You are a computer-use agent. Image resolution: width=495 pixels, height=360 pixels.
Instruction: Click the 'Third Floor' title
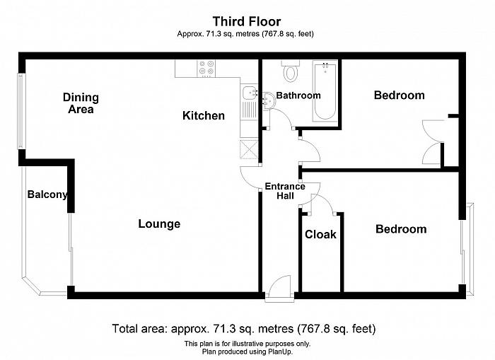247,21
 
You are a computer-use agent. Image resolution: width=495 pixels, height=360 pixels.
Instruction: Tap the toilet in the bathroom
290,71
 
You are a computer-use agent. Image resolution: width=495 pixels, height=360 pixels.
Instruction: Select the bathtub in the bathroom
325,91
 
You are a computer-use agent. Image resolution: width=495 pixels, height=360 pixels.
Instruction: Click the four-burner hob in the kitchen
206,68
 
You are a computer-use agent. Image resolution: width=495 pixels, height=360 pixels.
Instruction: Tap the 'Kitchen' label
204,115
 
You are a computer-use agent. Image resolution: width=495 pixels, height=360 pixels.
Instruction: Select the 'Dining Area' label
81,103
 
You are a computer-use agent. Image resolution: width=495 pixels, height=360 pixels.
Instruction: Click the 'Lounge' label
159,224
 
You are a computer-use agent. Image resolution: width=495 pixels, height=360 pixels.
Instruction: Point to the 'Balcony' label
47,194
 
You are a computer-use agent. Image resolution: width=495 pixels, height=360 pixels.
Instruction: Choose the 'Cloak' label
320,234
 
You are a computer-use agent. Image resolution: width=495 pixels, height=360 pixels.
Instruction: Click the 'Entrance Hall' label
285,191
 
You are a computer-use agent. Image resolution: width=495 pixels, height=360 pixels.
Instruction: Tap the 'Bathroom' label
298,95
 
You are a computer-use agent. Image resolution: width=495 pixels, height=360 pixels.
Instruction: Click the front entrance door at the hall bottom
280,289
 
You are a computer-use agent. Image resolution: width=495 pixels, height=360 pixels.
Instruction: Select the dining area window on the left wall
21,111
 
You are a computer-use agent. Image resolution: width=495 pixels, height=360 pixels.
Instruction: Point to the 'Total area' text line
244,329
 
